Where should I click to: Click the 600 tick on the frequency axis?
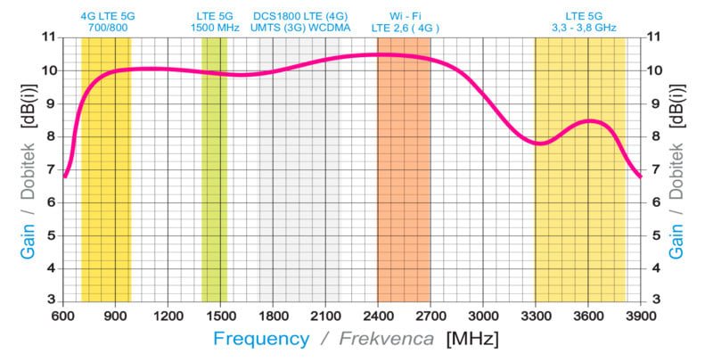63,316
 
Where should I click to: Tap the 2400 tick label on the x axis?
378,316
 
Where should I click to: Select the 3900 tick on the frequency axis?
641,316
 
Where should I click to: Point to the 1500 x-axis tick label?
220,316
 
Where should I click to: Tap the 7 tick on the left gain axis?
50,169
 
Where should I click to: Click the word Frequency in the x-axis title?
260,340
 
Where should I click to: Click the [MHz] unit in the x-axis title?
471,340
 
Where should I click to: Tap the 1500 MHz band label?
214,28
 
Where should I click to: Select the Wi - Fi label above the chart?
406,16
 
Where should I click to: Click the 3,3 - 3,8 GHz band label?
584,28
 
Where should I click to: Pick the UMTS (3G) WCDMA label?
300,28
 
